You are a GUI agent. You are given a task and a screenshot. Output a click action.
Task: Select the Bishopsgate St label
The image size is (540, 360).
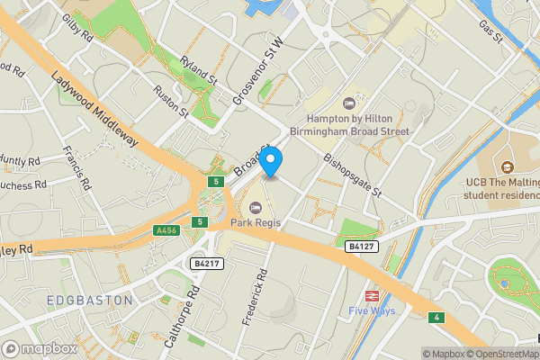coord(352,175)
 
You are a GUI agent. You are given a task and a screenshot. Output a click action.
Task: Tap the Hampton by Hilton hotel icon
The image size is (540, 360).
coord(350,104)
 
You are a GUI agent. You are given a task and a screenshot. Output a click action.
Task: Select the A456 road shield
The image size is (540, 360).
coord(166,230)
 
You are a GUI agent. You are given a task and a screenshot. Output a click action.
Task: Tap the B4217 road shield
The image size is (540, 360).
coord(207,263)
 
